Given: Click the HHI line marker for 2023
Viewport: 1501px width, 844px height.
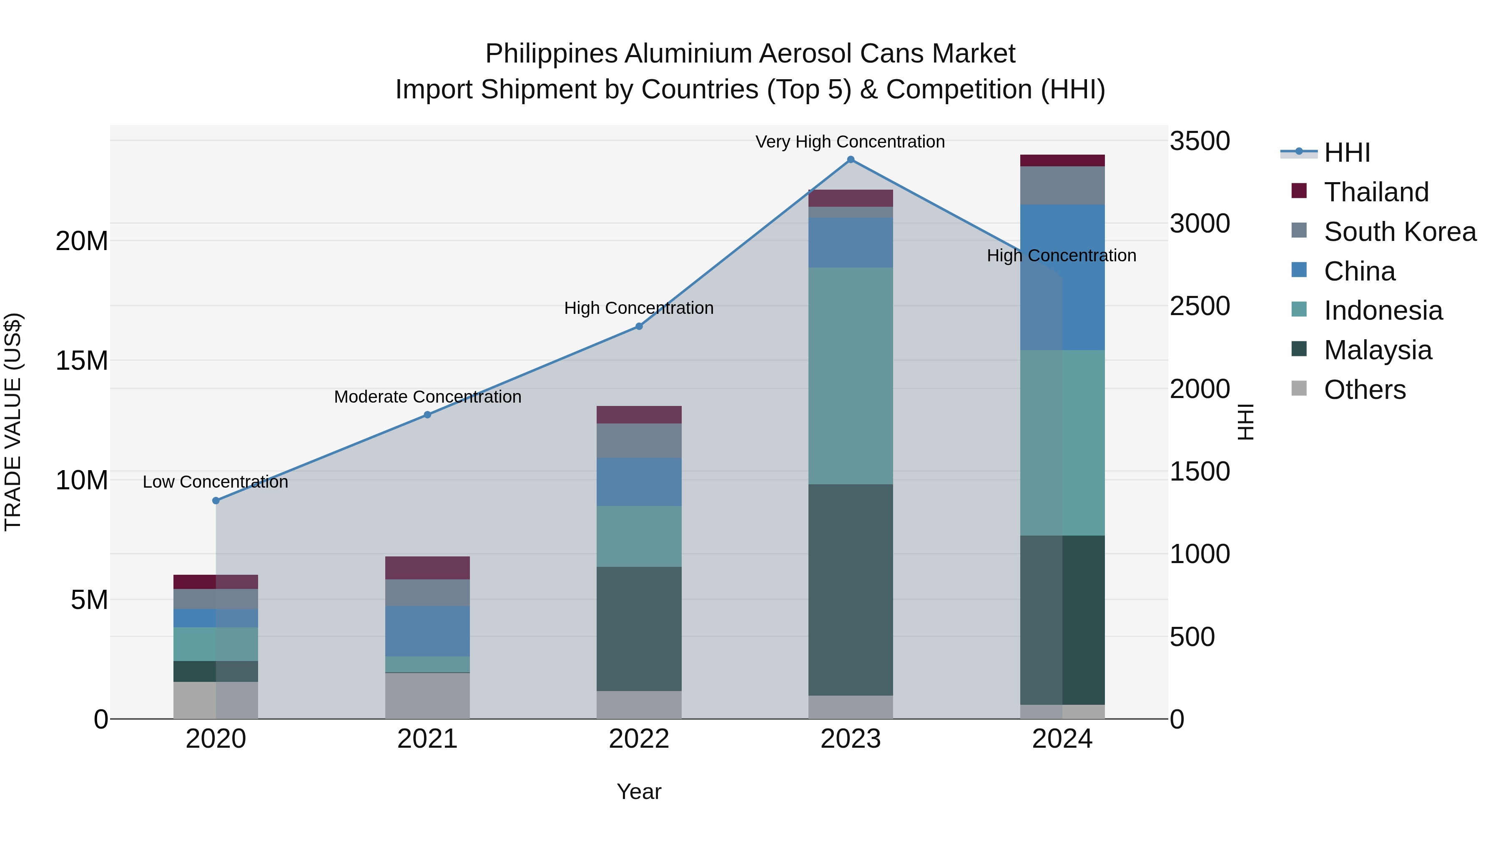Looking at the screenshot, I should tap(850, 160).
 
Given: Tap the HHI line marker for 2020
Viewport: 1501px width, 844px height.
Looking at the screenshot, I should tap(216, 500).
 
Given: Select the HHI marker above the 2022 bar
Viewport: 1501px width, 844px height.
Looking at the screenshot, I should tap(639, 326).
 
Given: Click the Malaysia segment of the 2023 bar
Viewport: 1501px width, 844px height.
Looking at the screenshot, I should tap(850, 589).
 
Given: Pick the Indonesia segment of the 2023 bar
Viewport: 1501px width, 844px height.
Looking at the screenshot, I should tap(850, 376).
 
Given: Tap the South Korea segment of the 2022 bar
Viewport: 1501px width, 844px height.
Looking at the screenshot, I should tap(639, 441).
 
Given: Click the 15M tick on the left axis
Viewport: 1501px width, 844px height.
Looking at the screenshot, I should tap(82, 361).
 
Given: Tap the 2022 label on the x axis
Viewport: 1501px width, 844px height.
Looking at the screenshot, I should tap(639, 739).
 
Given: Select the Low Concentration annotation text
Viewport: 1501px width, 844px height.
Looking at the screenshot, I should tap(215, 482).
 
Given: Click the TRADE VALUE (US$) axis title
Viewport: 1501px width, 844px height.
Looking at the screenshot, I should tap(13, 422).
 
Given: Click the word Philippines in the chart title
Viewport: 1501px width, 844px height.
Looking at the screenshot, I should tap(551, 54).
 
